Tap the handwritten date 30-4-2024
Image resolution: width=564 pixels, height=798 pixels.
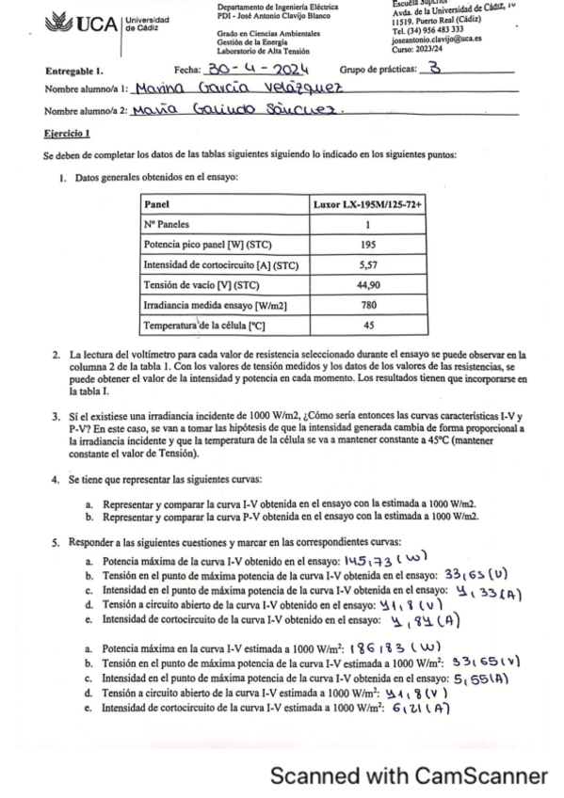tap(258, 70)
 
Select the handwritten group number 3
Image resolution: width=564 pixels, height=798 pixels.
tap(434, 69)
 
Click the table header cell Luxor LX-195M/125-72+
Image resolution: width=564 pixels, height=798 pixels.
tap(366, 204)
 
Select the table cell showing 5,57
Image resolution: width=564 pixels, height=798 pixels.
tap(366, 266)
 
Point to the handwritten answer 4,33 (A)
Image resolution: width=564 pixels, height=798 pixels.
tap(486, 591)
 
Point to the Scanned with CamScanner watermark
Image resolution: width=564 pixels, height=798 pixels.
tap(409, 776)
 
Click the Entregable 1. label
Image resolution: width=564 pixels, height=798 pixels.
tap(74, 72)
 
